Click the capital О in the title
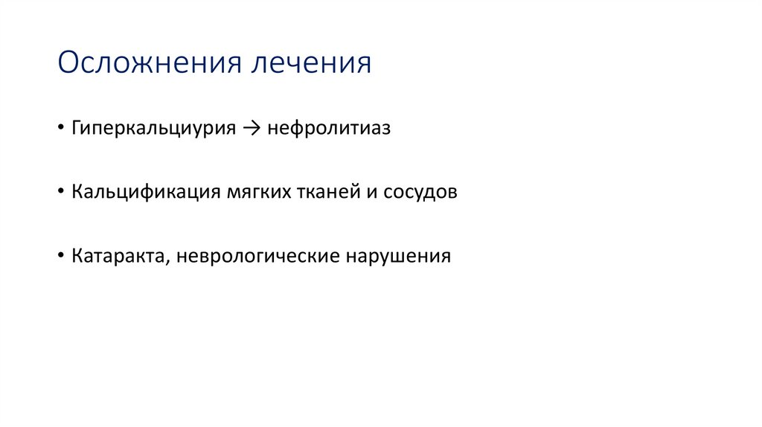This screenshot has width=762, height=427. click(x=68, y=63)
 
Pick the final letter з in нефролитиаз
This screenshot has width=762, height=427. click(x=385, y=129)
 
